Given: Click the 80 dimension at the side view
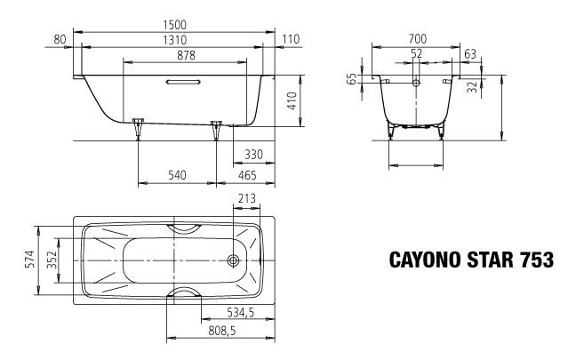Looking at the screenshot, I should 60,39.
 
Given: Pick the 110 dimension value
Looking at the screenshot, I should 290,39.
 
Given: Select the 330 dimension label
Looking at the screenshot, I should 253,155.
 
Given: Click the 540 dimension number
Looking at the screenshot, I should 178,176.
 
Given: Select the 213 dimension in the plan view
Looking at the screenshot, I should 249,198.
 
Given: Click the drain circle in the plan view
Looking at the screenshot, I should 233,260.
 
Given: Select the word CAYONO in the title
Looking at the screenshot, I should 425,260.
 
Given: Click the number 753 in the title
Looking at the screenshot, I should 538,260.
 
